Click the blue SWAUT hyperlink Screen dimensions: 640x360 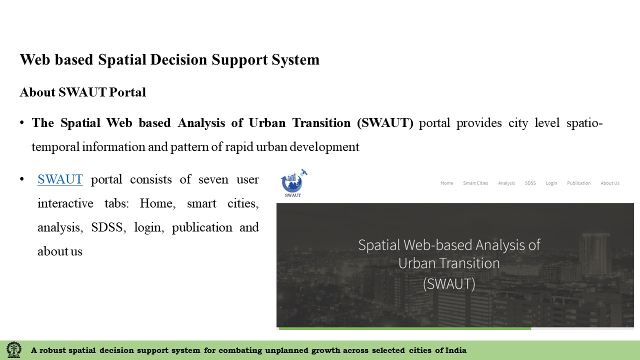(x=60, y=179)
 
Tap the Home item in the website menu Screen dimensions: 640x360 (x=447, y=183)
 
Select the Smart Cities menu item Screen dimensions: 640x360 (x=475, y=183)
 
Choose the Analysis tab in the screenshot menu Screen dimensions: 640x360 (x=506, y=183)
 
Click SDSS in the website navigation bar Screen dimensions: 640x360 (x=530, y=183)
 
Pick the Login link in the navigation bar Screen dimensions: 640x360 (x=551, y=183)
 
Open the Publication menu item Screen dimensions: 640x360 (x=579, y=183)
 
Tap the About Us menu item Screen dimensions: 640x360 (x=610, y=183)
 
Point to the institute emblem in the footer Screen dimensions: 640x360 (x=13, y=349)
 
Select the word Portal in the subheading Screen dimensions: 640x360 (x=127, y=92)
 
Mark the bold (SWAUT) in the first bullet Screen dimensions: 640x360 (x=385, y=123)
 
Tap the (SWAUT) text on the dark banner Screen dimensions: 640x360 (x=449, y=283)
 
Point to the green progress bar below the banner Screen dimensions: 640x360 (x=405, y=328)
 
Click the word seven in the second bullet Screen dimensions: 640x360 (x=213, y=179)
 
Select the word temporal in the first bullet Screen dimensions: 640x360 (x=55, y=147)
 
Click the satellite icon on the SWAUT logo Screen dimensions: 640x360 (x=303, y=172)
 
